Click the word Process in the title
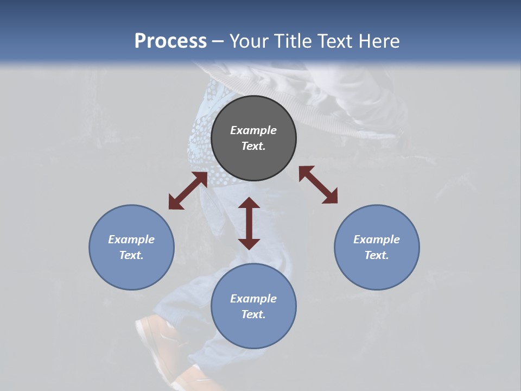point(170,41)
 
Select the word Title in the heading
point(294,41)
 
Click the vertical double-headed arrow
point(249,223)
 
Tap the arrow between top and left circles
point(188,191)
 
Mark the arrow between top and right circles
point(318,185)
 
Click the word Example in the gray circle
point(253,130)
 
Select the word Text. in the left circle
point(131,255)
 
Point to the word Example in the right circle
point(377,239)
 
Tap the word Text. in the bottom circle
point(253,314)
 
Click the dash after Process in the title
point(218,41)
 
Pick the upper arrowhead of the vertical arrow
point(249,204)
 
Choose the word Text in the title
point(335,41)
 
